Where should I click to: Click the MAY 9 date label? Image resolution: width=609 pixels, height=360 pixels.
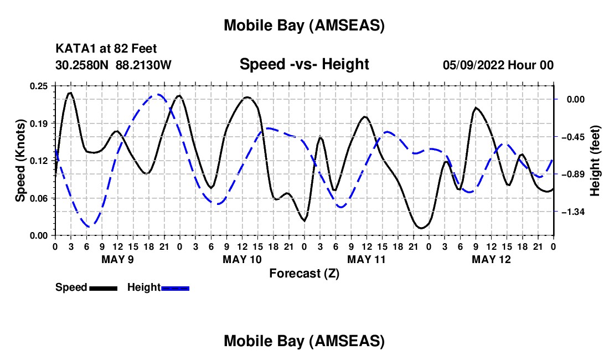(117, 259)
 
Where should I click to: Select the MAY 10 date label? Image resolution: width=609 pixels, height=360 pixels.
(242, 259)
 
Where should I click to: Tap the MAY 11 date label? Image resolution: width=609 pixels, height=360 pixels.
(367, 259)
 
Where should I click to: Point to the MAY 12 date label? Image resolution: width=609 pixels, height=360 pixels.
(491, 259)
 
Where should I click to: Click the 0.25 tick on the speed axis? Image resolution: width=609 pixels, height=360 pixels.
(39, 85)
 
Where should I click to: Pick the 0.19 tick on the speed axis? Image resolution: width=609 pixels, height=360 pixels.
(39, 123)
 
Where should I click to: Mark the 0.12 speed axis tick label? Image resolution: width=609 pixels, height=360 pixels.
(39, 161)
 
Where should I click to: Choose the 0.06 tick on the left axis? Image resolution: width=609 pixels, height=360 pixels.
(39, 198)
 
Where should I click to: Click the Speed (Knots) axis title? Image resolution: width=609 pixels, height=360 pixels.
(19, 160)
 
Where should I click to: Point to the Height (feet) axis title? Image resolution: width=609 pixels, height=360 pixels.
(595, 161)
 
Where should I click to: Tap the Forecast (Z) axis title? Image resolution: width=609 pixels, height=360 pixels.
(304, 273)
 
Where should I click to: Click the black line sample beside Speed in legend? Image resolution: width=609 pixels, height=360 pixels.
(102, 288)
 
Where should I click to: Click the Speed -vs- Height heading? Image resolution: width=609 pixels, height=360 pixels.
(304, 64)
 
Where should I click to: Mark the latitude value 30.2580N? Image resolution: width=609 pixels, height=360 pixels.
(83, 65)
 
